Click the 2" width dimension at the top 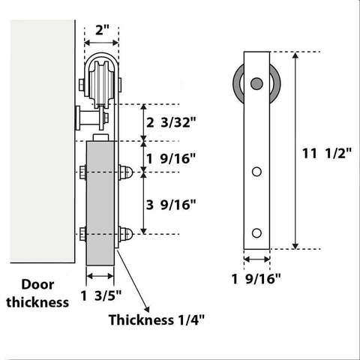point(103,31)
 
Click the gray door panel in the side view point(100,202)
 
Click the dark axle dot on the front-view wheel point(257,82)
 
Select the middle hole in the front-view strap point(257,172)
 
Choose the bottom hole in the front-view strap point(257,231)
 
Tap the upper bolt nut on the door point(127,173)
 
